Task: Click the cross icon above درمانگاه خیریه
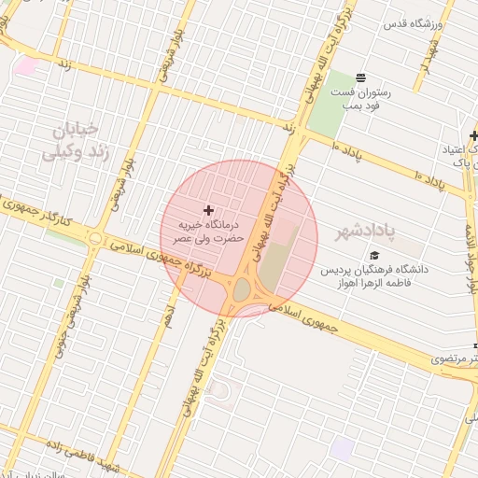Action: pyautogui.click(x=207, y=209)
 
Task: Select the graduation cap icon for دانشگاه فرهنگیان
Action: pyautogui.click(x=374, y=255)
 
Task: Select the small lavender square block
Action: pyautogui.click(x=342, y=448)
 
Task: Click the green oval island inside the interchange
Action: pyautogui.click(x=241, y=291)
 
